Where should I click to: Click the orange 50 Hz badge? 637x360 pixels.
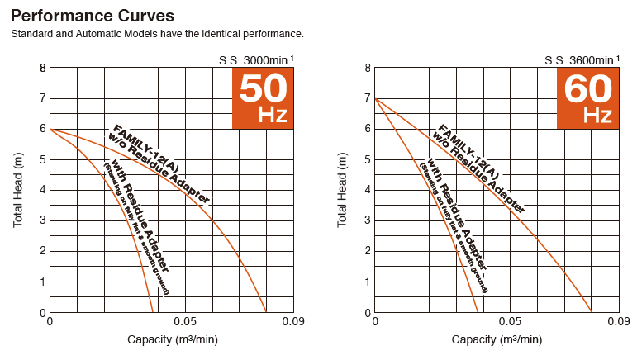pos(263,97)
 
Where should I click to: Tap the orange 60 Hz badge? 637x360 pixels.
pos(587,97)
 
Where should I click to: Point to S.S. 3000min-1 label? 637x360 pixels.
pos(256,59)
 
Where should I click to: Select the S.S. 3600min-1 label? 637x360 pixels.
pos(581,59)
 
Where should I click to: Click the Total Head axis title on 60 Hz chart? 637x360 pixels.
pos(343,190)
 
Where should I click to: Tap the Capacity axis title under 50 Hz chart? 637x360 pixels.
pos(172,339)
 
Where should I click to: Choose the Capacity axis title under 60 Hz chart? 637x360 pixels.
pos(497,339)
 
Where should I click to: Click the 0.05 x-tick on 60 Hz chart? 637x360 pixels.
pos(511,320)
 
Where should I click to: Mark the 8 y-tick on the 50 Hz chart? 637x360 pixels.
pos(41,68)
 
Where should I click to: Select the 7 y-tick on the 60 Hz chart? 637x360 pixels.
pos(366,98)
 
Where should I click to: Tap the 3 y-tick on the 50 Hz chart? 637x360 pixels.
pos(41,220)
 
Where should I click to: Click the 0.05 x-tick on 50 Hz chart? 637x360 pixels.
pos(186,320)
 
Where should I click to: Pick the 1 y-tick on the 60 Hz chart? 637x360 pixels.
pos(366,282)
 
